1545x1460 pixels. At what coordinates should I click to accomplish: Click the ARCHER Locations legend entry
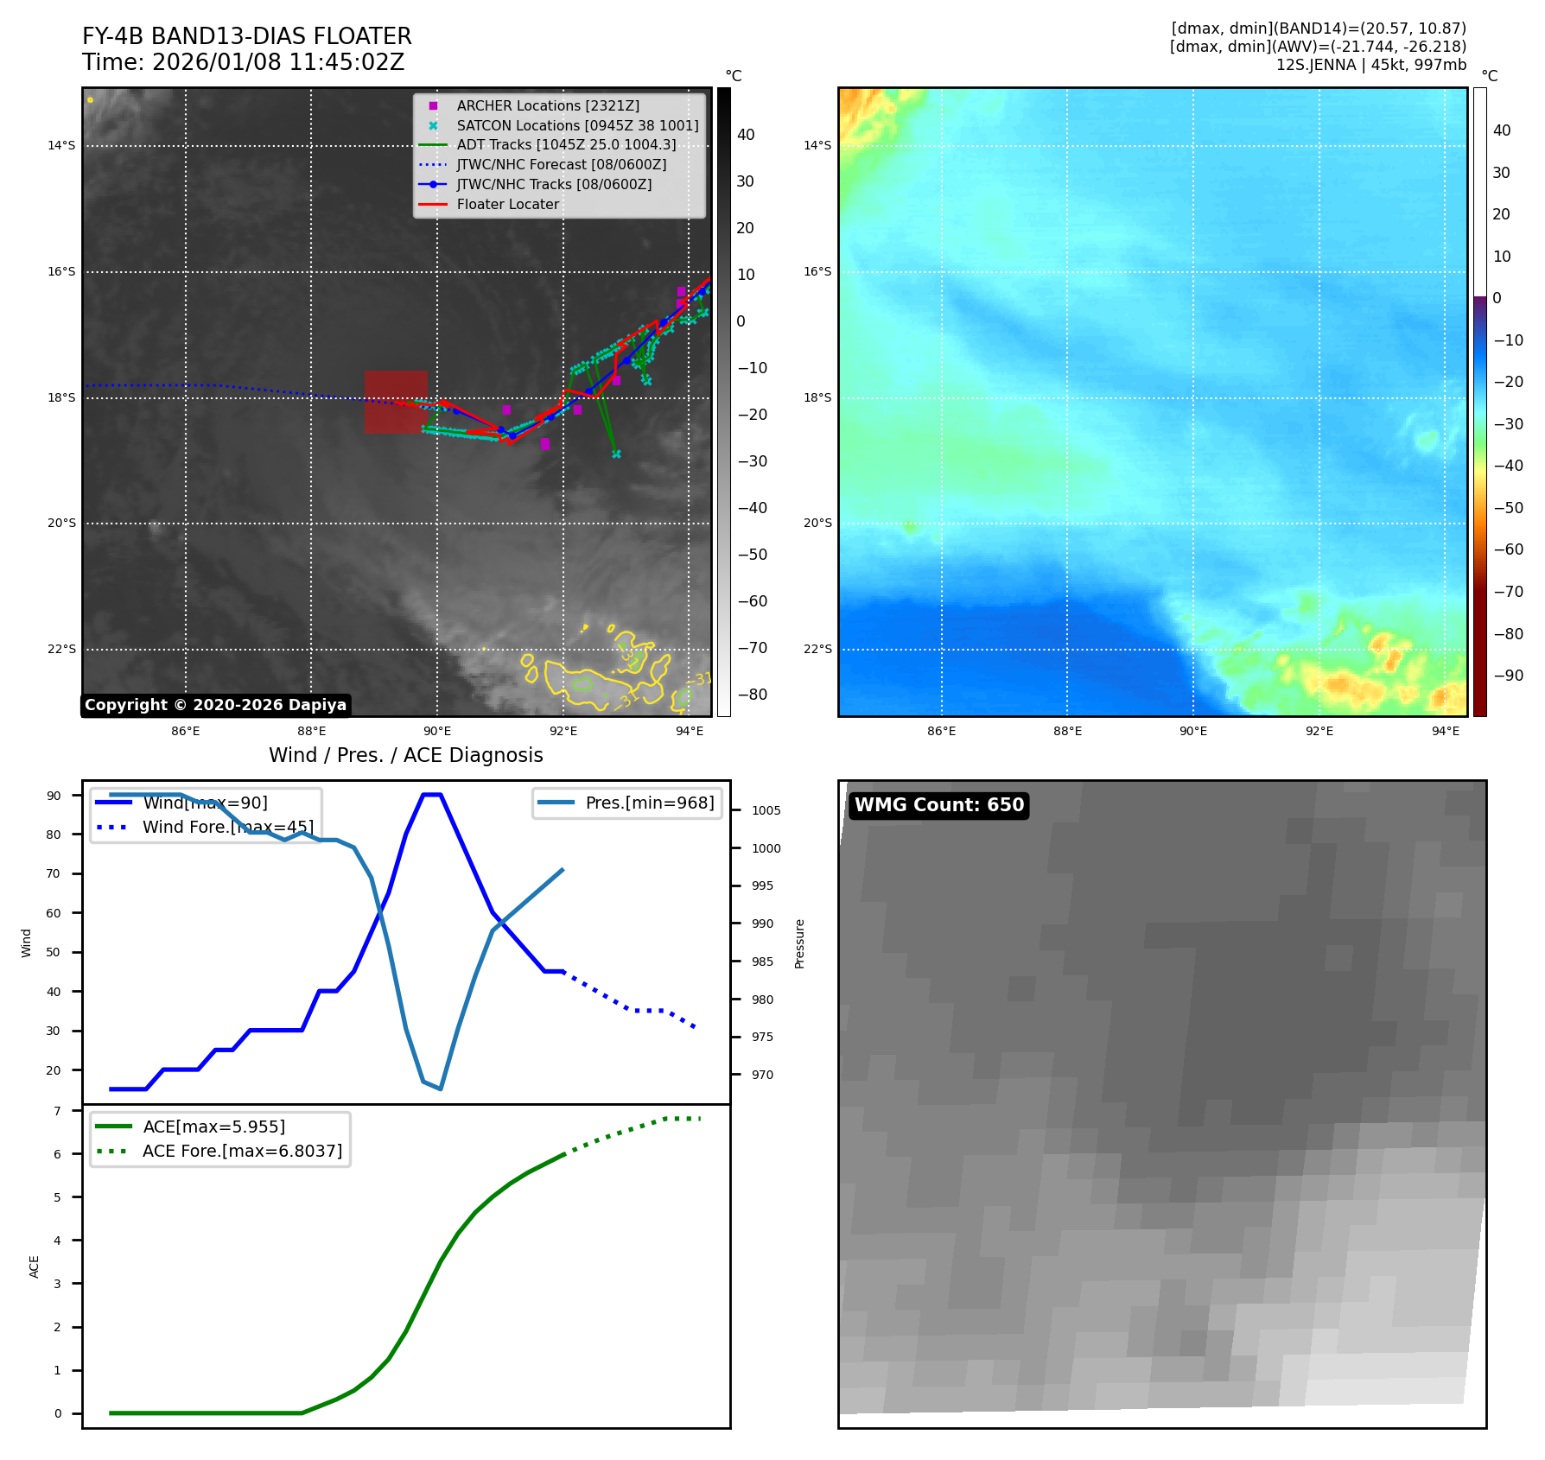(548, 105)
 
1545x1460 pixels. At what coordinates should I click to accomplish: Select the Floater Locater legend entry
(507, 205)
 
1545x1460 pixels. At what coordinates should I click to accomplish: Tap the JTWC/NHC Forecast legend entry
(561, 165)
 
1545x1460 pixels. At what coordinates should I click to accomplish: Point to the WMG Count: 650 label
(938, 805)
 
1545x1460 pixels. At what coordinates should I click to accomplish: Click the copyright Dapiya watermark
(215, 705)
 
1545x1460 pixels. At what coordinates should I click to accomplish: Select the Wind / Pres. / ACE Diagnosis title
(405, 755)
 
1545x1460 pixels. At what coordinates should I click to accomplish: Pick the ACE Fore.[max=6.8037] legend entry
(242, 1151)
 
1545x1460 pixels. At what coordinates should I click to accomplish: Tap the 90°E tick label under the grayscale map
(437, 731)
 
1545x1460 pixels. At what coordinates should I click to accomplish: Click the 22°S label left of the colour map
(817, 650)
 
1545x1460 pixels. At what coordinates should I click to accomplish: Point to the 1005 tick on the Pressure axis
(766, 810)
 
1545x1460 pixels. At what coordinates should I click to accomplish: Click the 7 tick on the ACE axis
(58, 1111)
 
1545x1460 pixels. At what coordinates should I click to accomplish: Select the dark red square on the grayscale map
(396, 402)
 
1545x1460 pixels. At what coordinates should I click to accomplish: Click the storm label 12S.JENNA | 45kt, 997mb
(1370, 65)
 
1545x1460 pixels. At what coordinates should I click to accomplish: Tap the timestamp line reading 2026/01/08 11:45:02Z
(243, 62)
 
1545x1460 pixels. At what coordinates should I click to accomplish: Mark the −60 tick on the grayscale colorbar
(752, 601)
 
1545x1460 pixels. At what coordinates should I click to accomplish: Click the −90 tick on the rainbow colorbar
(1509, 676)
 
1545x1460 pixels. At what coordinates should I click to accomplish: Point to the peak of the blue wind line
(432, 795)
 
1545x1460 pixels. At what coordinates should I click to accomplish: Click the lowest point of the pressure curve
(441, 1089)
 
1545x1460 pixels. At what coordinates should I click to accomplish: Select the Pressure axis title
(799, 943)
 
